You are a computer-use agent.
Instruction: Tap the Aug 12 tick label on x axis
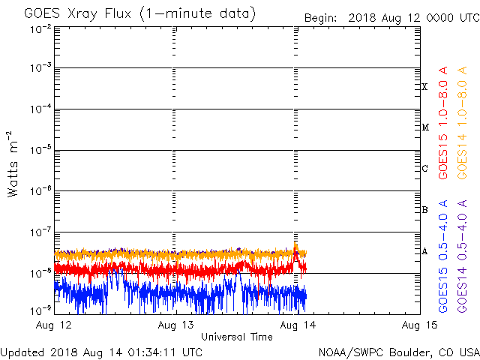point(55,325)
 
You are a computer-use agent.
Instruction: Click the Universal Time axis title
point(236,337)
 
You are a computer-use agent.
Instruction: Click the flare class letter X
point(424,87)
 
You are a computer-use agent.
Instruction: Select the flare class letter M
point(424,127)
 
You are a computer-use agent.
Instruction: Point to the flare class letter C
point(424,169)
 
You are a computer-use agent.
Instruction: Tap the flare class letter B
point(424,210)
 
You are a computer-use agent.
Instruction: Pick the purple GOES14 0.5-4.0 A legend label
point(463,256)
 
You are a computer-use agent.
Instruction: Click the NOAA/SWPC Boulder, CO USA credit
point(398,352)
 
